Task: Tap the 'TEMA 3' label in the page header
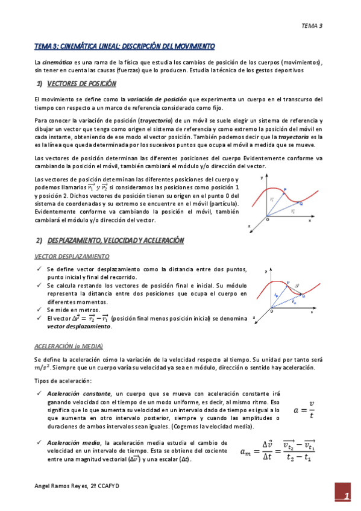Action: [x=312, y=26]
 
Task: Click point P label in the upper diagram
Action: [x=284, y=189]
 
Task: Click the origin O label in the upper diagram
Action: [x=268, y=221]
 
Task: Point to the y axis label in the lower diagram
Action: [x=266, y=272]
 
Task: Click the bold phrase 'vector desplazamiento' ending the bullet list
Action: [x=79, y=326]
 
